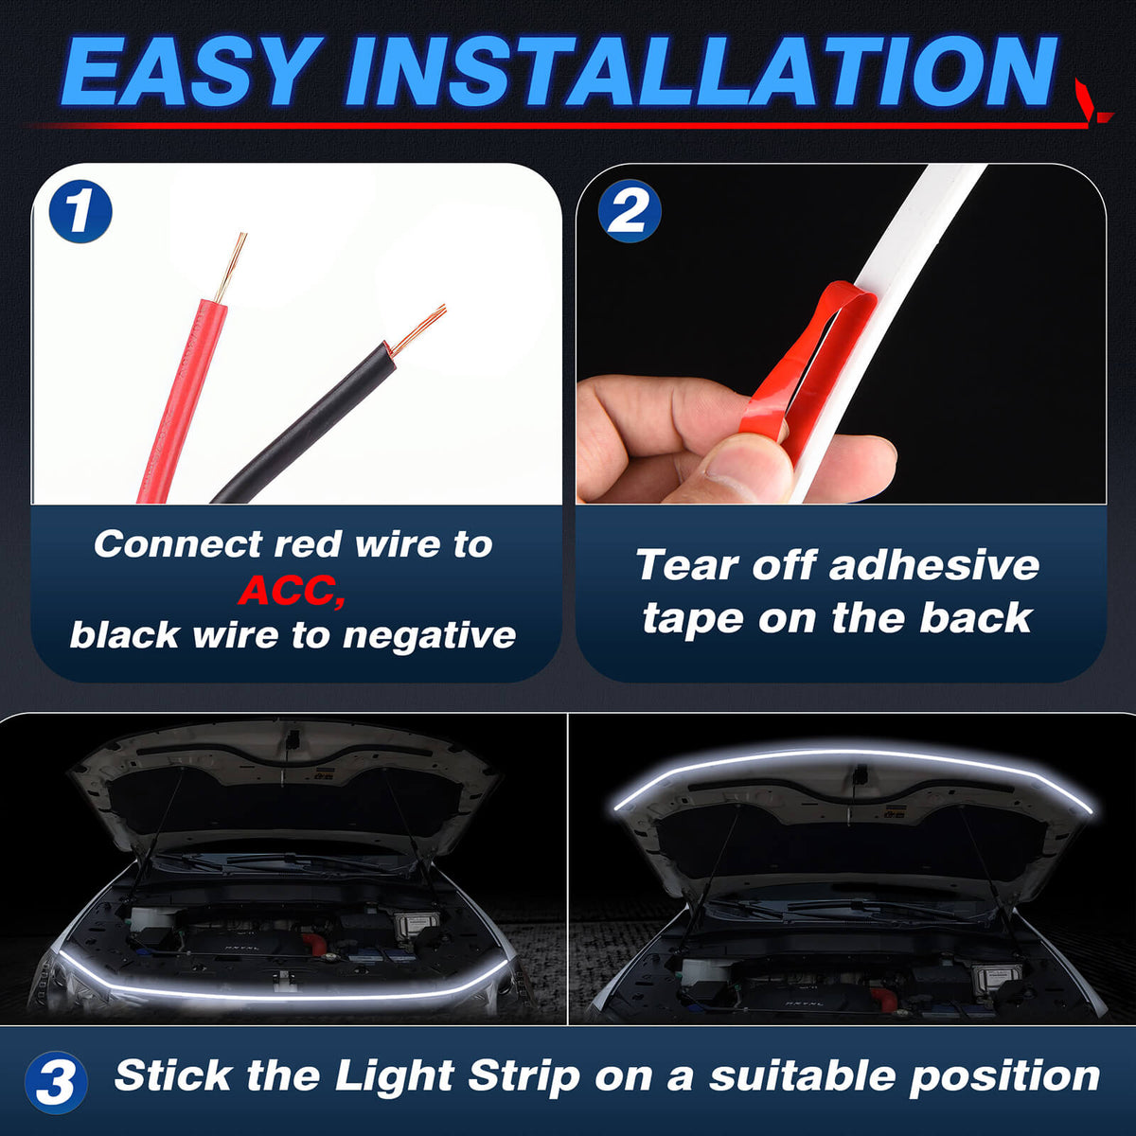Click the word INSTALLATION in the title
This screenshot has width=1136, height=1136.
click(701, 73)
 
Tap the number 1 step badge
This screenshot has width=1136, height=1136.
click(80, 212)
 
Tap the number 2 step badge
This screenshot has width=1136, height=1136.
click(629, 210)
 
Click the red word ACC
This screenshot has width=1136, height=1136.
click(292, 590)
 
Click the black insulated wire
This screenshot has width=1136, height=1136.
click(303, 426)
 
